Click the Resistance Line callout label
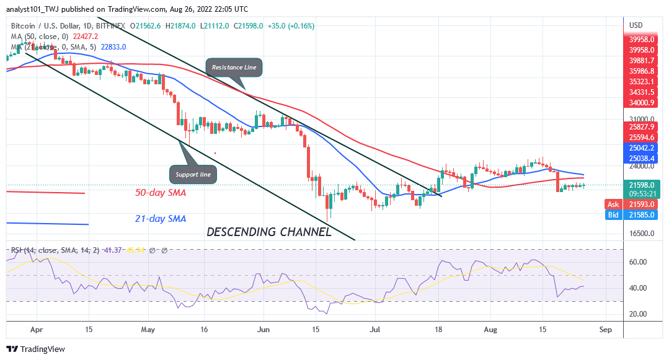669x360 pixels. [x=234, y=67]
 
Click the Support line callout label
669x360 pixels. [x=193, y=175]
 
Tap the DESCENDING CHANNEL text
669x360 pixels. [x=268, y=232]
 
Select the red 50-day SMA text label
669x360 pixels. [x=161, y=193]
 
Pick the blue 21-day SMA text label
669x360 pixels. [x=161, y=219]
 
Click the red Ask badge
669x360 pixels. [x=613, y=204]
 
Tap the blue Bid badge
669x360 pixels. [x=613, y=214]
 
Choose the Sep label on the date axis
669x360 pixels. [x=606, y=330]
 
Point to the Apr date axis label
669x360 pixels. [x=36, y=330]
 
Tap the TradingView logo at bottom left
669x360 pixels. [x=36, y=349]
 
